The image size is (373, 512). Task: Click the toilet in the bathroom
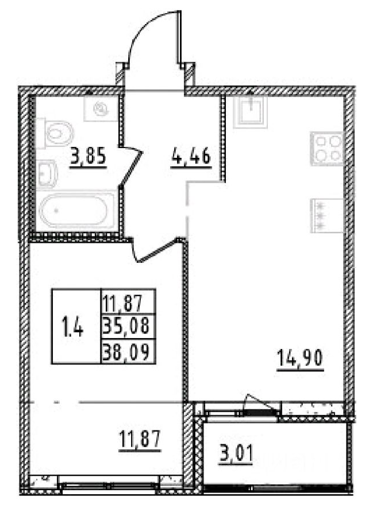pos(57,132)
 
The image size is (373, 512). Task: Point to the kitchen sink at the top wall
pos(249,110)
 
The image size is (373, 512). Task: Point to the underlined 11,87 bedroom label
pos(139,442)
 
